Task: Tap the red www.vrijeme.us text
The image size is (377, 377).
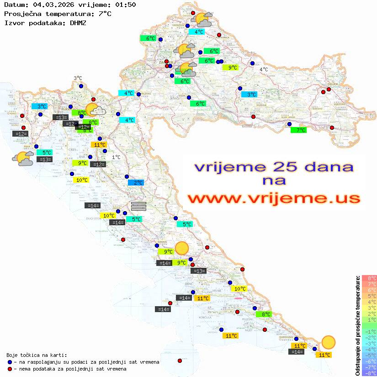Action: [x=273, y=199]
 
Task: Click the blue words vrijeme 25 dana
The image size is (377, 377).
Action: [x=273, y=167]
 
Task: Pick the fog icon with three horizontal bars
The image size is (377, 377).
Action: [x=138, y=206]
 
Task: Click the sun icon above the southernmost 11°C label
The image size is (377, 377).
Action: [x=328, y=342]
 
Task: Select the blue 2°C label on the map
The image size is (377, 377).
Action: [x=136, y=183]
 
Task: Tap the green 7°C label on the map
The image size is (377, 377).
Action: [x=298, y=130]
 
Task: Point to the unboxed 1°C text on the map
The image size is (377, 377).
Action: [x=116, y=157]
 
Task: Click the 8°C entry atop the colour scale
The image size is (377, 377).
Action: [x=369, y=278]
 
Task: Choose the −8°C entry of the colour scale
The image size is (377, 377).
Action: [x=369, y=373]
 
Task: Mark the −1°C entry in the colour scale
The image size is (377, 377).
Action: [x=369, y=331]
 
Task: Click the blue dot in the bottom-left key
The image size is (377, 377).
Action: [x=10, y=362]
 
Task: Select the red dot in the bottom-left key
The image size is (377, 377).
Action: [x=10, y=369]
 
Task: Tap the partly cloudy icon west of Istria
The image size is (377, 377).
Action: [x=22, y=159]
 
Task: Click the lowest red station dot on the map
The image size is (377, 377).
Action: [x=180, y=361]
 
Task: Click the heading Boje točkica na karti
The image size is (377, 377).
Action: [x=37, y=355]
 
